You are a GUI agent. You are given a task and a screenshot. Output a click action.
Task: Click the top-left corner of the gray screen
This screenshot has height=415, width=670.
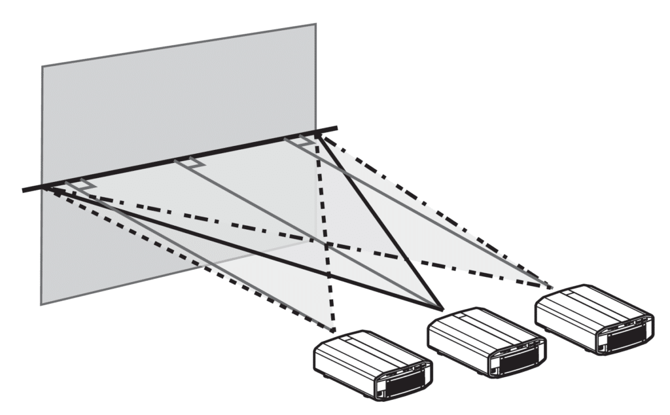click(43, 66)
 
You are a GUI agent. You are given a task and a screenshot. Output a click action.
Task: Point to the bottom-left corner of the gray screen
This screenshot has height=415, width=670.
click(41, 304)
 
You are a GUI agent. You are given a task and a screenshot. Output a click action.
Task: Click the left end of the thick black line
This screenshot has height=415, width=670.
click(24, 190)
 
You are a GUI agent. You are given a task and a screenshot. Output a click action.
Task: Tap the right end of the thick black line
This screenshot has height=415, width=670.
click(337, 128)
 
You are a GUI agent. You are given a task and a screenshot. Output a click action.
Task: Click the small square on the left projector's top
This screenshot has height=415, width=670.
click(346, 341)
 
